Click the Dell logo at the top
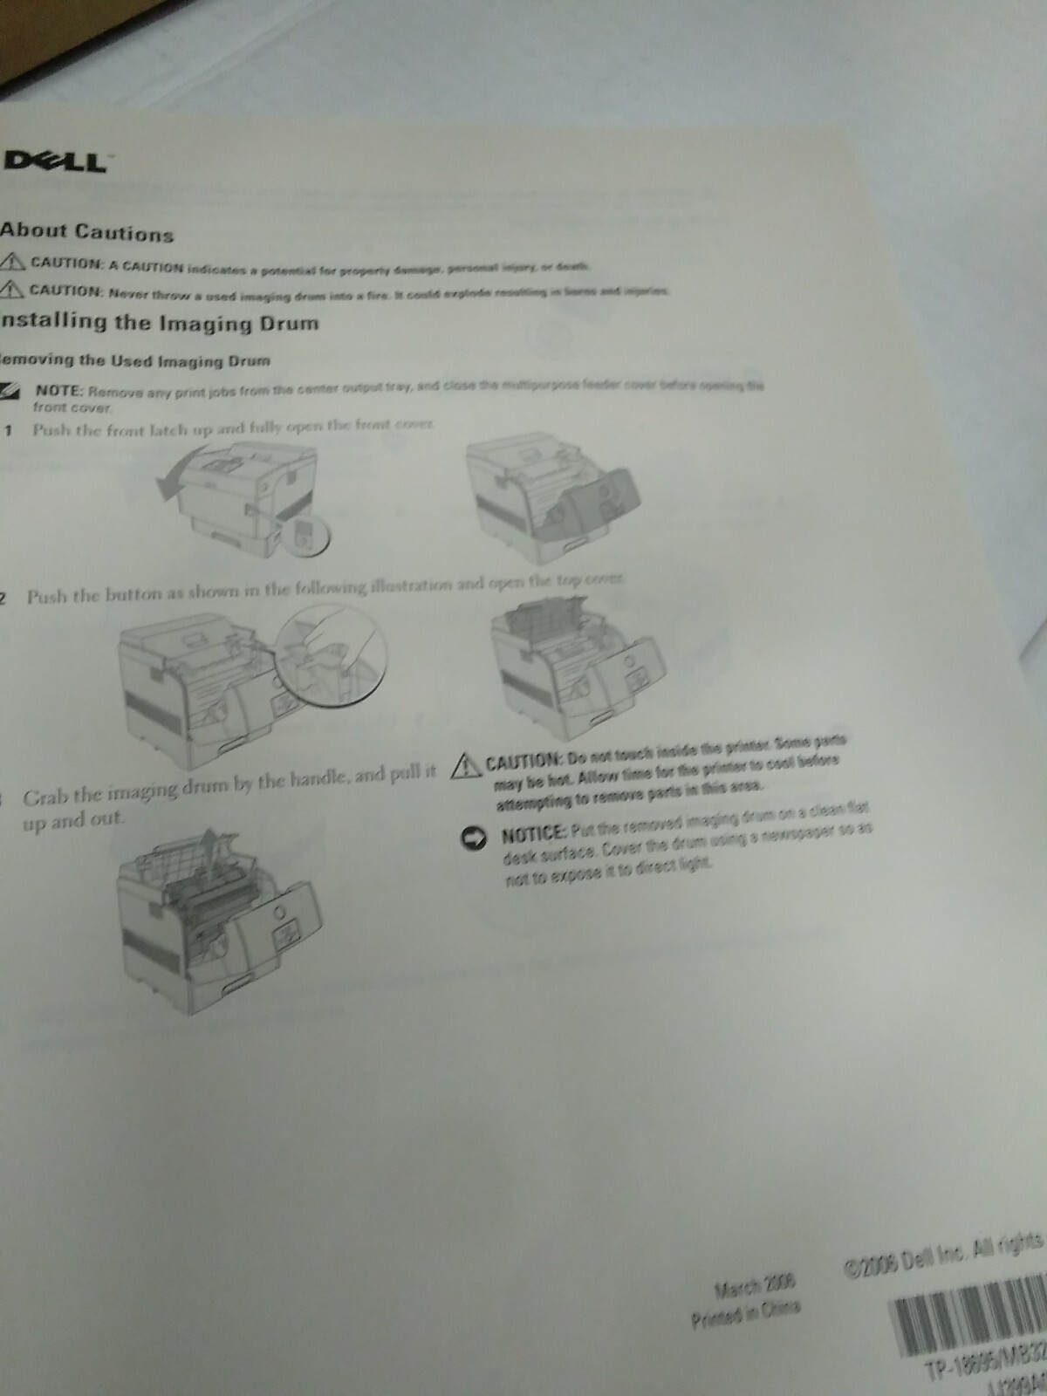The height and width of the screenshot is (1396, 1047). pos(55,161)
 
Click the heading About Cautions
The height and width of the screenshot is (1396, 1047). pos(86,232)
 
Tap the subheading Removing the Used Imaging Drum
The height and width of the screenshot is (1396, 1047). pos(135,360)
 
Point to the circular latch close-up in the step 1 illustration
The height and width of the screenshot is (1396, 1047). pos(301,535)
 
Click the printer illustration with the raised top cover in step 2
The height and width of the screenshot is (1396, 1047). pos(558,667)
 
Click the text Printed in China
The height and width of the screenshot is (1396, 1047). pos(745,1310)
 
